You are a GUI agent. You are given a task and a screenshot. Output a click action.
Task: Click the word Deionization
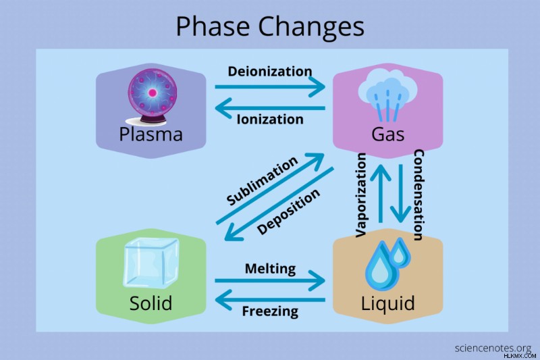270,72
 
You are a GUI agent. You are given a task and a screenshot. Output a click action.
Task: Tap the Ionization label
270,119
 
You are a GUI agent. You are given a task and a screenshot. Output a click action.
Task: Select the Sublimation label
262,180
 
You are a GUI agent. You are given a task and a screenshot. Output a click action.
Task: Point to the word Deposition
288,211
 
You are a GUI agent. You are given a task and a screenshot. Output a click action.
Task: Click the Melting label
270,269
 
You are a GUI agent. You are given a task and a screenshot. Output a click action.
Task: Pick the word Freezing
270,311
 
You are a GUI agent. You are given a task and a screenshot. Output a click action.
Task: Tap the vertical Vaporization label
360,195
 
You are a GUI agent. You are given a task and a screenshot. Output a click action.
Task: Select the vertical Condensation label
418,195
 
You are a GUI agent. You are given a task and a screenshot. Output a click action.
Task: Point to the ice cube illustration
151,263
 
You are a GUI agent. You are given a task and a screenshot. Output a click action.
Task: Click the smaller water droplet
400,252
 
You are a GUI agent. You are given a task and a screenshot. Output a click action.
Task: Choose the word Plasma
151,134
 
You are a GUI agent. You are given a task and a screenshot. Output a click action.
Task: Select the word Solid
151,303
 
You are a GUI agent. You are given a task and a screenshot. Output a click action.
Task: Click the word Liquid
387,304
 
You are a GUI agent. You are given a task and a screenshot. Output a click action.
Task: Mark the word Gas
387,134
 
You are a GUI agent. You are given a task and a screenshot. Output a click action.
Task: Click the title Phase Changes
270,27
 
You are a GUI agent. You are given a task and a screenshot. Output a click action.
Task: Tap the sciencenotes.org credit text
493,348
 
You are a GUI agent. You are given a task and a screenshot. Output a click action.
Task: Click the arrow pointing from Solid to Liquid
270,280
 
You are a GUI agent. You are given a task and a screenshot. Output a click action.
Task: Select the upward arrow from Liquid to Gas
380,193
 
